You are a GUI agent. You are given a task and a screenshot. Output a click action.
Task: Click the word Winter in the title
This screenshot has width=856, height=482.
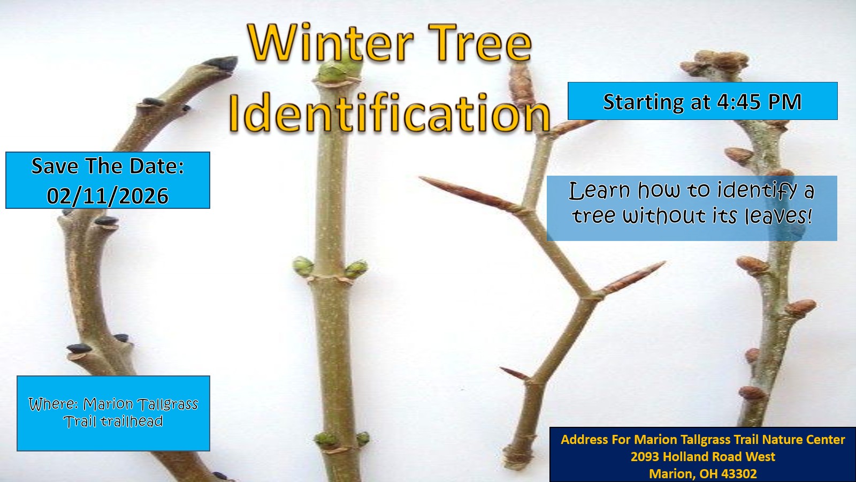click(331, 42)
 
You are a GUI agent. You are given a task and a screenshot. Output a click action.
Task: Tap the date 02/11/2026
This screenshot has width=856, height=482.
click(108, 196)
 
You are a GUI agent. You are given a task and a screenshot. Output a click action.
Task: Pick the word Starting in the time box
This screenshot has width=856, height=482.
click(643, 102)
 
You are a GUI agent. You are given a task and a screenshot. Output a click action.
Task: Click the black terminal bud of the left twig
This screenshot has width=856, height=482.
click(220, 63)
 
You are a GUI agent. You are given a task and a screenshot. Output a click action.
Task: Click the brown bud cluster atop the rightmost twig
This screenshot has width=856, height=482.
click(715, 63)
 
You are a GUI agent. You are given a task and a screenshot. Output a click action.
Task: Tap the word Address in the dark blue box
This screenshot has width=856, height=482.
click(584, 440)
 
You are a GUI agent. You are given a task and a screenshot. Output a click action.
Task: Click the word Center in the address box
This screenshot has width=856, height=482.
click(826, 440)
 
